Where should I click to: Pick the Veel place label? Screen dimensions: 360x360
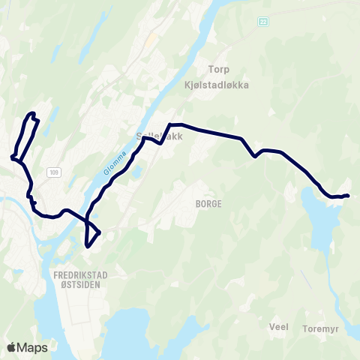point(278,327)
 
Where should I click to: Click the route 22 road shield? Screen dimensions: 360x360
point(263,22)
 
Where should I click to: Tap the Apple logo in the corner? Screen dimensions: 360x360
point(11,347)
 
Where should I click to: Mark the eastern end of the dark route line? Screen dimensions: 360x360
point(349,196)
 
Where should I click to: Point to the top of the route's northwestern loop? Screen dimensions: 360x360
point(32,113)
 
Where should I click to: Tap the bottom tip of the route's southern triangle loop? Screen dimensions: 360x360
point(88,246)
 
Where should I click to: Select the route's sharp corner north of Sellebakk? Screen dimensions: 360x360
point(171,124)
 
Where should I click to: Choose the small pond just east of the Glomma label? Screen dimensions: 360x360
point(136,172)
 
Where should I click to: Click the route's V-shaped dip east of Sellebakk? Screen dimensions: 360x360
point(256,156)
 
